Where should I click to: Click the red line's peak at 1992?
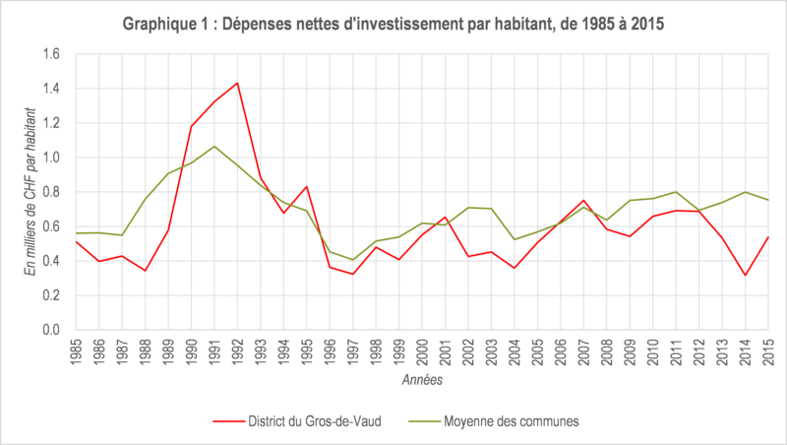(237, 83)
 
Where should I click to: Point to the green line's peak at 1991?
(214, 146)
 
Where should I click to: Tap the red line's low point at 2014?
(746, 276)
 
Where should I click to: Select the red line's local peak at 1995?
(307, 186)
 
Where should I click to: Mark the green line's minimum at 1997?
(353, 260)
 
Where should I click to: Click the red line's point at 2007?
(583, 201)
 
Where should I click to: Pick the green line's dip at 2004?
(515, 239)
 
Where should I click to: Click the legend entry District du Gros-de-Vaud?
(297, 421)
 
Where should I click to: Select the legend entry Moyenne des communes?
(494, 421)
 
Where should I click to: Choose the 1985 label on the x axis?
(76, 351)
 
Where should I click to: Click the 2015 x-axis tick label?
(768, 351)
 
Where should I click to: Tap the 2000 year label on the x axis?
(422, 351)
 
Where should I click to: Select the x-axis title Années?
(422, 380)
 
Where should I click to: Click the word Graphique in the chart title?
(156, 24)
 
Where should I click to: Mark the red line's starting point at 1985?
(76, 241)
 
